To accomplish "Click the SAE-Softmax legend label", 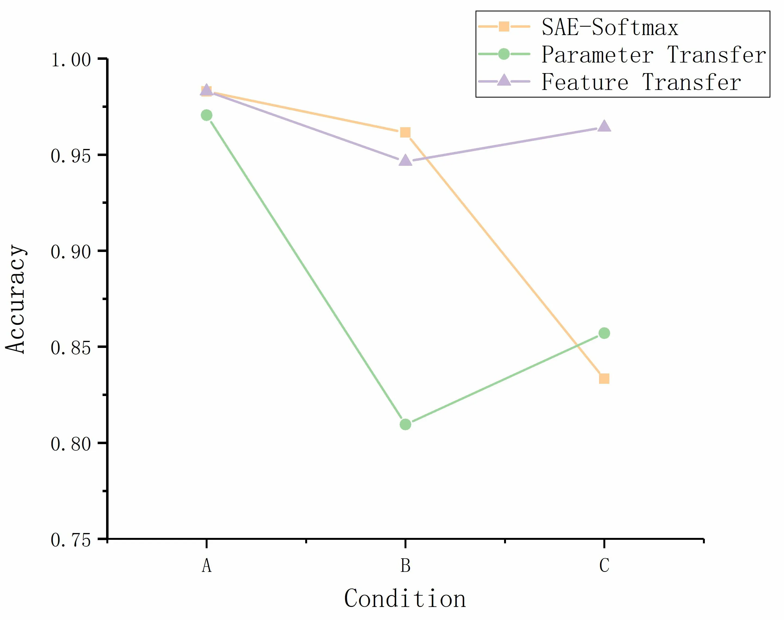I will point(610,27).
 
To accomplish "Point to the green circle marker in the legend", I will point(504,54).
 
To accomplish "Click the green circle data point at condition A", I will point(206,116).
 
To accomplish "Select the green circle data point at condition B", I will point(405,424).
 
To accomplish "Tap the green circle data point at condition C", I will point(604,333).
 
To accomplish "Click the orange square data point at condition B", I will point(405,132).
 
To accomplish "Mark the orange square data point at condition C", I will point(604,379).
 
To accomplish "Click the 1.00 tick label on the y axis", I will point(70,60).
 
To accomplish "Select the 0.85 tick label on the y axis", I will point(70,347).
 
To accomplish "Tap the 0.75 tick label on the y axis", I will point(70,540).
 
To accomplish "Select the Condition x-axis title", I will point(405,599).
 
